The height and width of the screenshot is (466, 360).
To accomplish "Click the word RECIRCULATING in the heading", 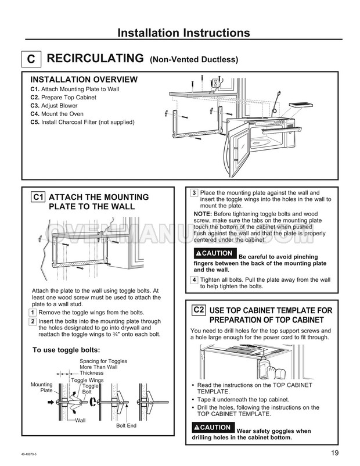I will (x=95, y=58).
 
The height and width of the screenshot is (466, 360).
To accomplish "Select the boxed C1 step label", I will (x=38, y=197).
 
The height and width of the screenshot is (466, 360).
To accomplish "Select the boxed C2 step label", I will (x=199, y=310).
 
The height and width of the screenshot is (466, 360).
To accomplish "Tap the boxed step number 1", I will (x=32, y=313).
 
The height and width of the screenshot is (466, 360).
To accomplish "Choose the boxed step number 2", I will (x=32, y=321).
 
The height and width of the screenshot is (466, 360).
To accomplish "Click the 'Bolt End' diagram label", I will (x=125, y=426).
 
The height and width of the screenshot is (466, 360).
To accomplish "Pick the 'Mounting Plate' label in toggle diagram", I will (x=42, y=388).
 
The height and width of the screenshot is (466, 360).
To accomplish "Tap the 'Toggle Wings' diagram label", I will (x=84, y=380).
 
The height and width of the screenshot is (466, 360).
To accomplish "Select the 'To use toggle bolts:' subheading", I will (x=66, y=350).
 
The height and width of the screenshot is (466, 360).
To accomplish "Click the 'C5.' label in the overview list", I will (x=34, y=122).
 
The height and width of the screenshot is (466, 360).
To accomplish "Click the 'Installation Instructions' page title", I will (x=180, y=33).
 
